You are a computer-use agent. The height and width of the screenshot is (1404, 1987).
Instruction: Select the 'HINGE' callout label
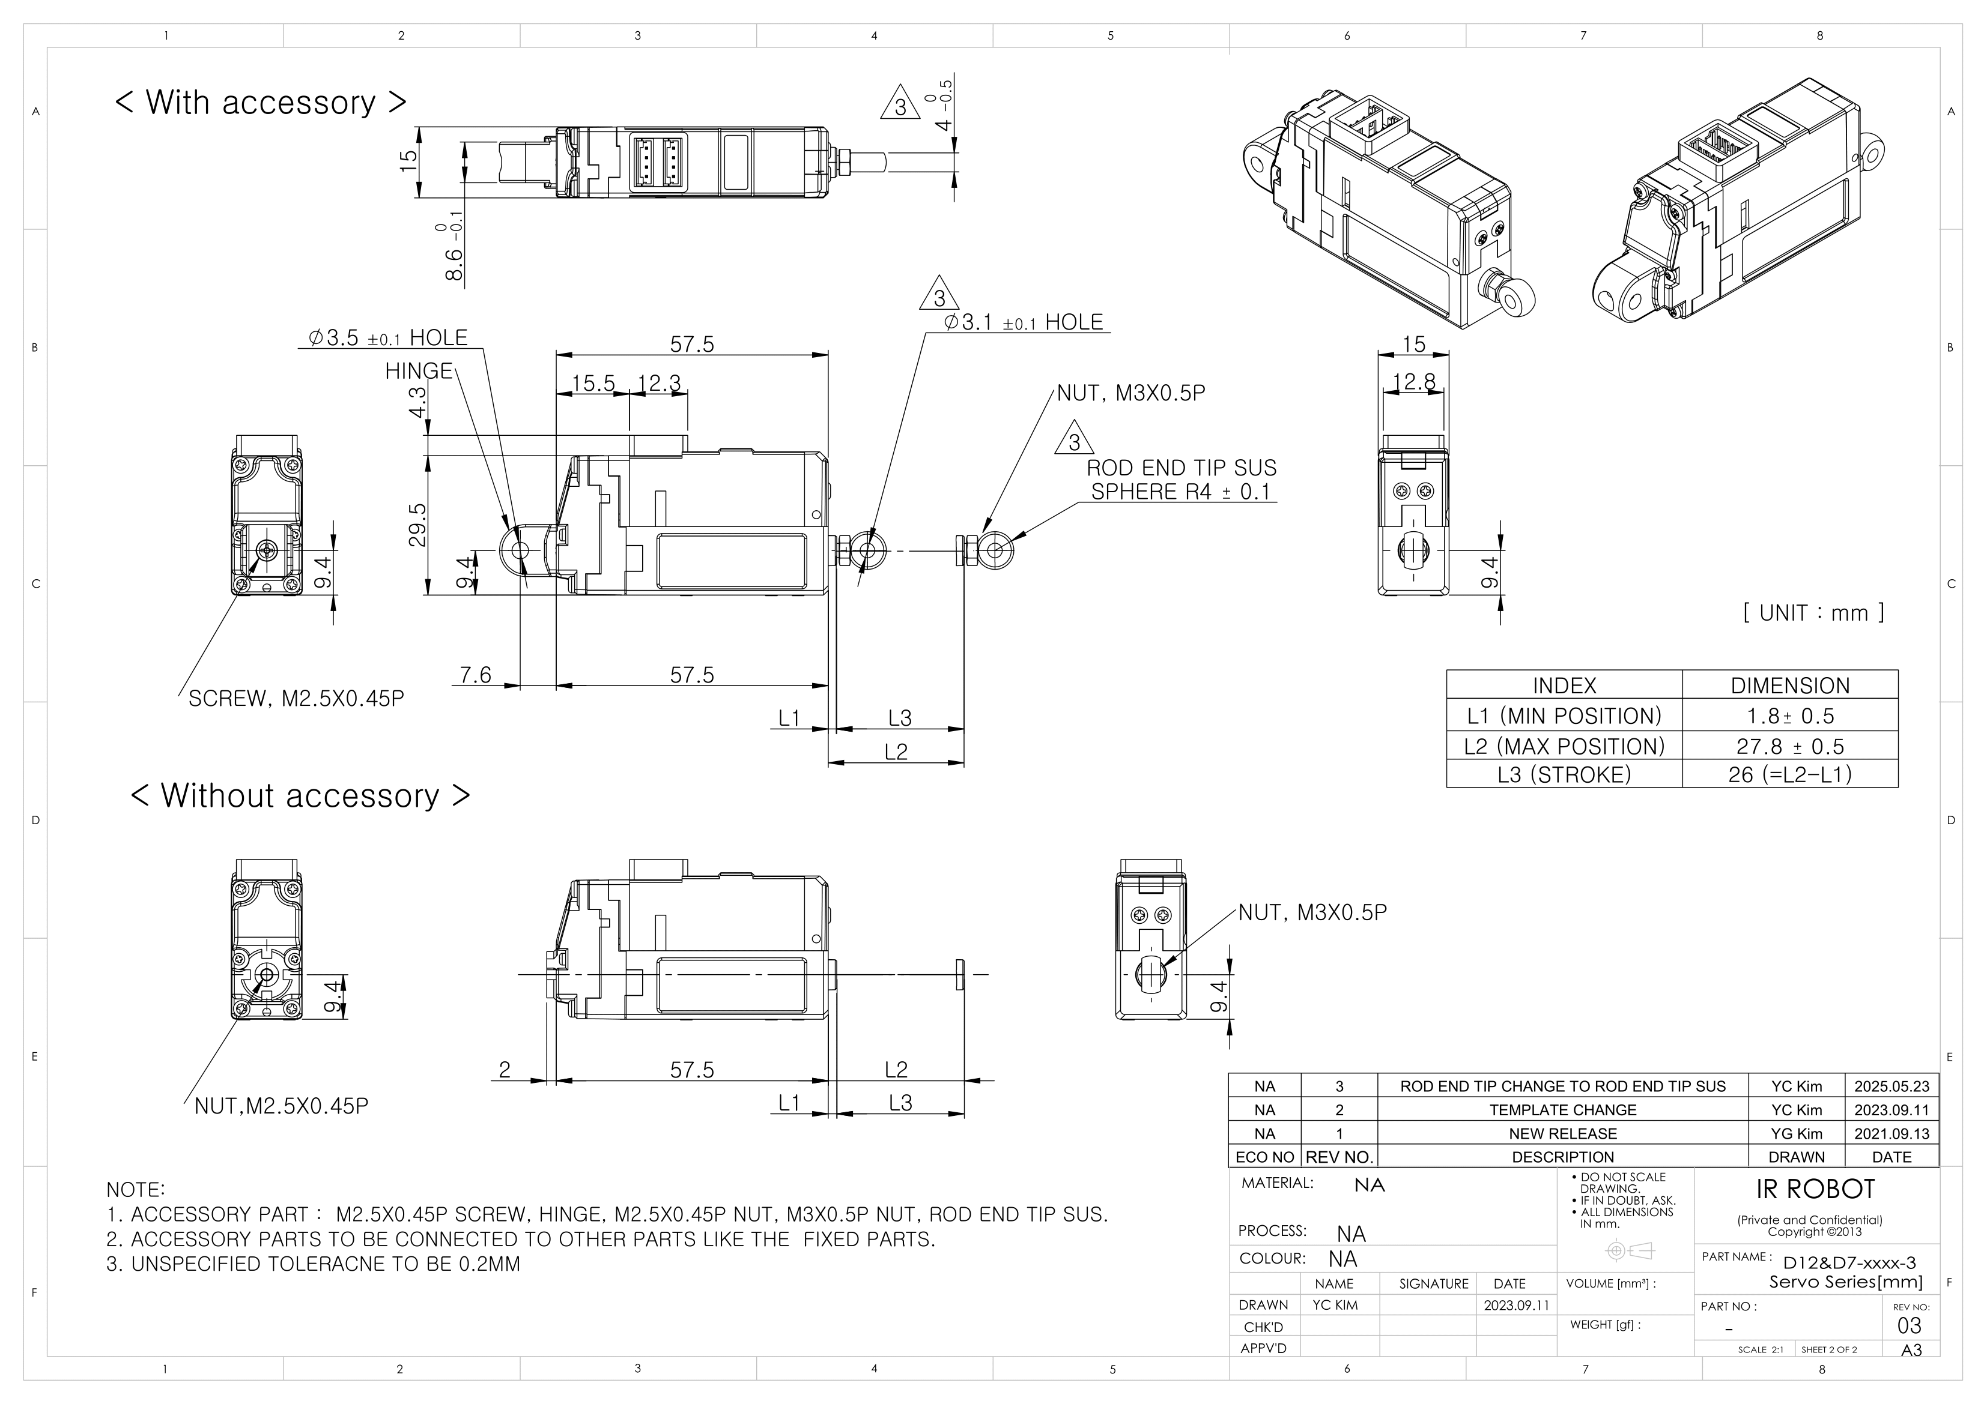(419, 371)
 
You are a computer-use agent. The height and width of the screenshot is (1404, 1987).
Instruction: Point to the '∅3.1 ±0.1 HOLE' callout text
(1024, 323)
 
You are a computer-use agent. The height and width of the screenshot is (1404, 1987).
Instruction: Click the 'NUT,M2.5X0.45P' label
(281, 1106)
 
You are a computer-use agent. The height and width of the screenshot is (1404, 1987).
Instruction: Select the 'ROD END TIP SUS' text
(1182, 468)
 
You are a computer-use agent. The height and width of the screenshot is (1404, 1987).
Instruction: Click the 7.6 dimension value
(475, 675)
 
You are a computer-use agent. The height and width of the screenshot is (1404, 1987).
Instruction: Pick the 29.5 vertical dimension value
(417, 525)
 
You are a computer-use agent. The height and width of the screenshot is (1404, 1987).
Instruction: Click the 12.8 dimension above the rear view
(1414, 382)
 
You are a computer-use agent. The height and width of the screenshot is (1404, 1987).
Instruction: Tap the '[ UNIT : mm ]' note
(1813, 612)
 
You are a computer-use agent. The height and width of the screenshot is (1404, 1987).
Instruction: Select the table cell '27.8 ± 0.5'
(1790, 746)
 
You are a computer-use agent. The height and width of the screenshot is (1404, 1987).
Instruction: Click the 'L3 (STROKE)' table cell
(1564, 774)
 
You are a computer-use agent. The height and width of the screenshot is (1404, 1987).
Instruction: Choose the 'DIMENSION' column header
(1790, 685)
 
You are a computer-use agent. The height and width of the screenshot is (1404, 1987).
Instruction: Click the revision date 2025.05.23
(1892, 1086)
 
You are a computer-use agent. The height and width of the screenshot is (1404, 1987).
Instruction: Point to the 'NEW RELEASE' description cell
(1562, 1133)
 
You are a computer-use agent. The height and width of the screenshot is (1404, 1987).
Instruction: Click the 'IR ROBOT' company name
(1815, 1190)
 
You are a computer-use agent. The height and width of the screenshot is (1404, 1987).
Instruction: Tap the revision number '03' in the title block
(1908, 1325)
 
